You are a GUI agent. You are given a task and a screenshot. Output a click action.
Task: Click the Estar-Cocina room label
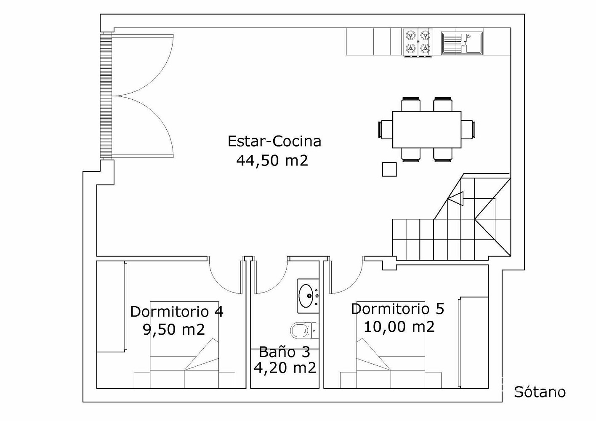click(274, 141)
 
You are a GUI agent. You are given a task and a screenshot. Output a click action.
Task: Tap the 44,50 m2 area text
click(272, 161)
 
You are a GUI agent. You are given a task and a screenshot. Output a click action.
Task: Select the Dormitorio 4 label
click(177, 312)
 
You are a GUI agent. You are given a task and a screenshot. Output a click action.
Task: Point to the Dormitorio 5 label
click(397, 309)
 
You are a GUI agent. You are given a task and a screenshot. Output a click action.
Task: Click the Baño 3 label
click(285, 352)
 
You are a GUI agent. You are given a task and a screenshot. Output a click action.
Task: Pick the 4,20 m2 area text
click(285, 368)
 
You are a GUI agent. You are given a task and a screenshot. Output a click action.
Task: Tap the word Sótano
click(540, 392)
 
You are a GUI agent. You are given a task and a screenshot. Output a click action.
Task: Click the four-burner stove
click(418, 43)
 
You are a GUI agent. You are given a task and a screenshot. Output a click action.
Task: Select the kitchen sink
click(462, 43)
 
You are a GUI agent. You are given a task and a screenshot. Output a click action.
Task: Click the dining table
click(427, 130)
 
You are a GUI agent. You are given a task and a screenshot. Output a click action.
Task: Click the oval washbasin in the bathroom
click(306, 296)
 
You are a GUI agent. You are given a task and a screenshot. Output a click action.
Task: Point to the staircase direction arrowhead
click(455, 199)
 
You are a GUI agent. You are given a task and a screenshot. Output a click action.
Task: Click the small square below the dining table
click(389, 169)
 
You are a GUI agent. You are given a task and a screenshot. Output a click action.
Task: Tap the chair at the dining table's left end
click(385, 129)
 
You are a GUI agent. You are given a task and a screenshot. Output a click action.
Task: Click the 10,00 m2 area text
click(399, 327)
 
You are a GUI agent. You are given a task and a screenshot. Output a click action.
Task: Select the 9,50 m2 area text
click(174, 330)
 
